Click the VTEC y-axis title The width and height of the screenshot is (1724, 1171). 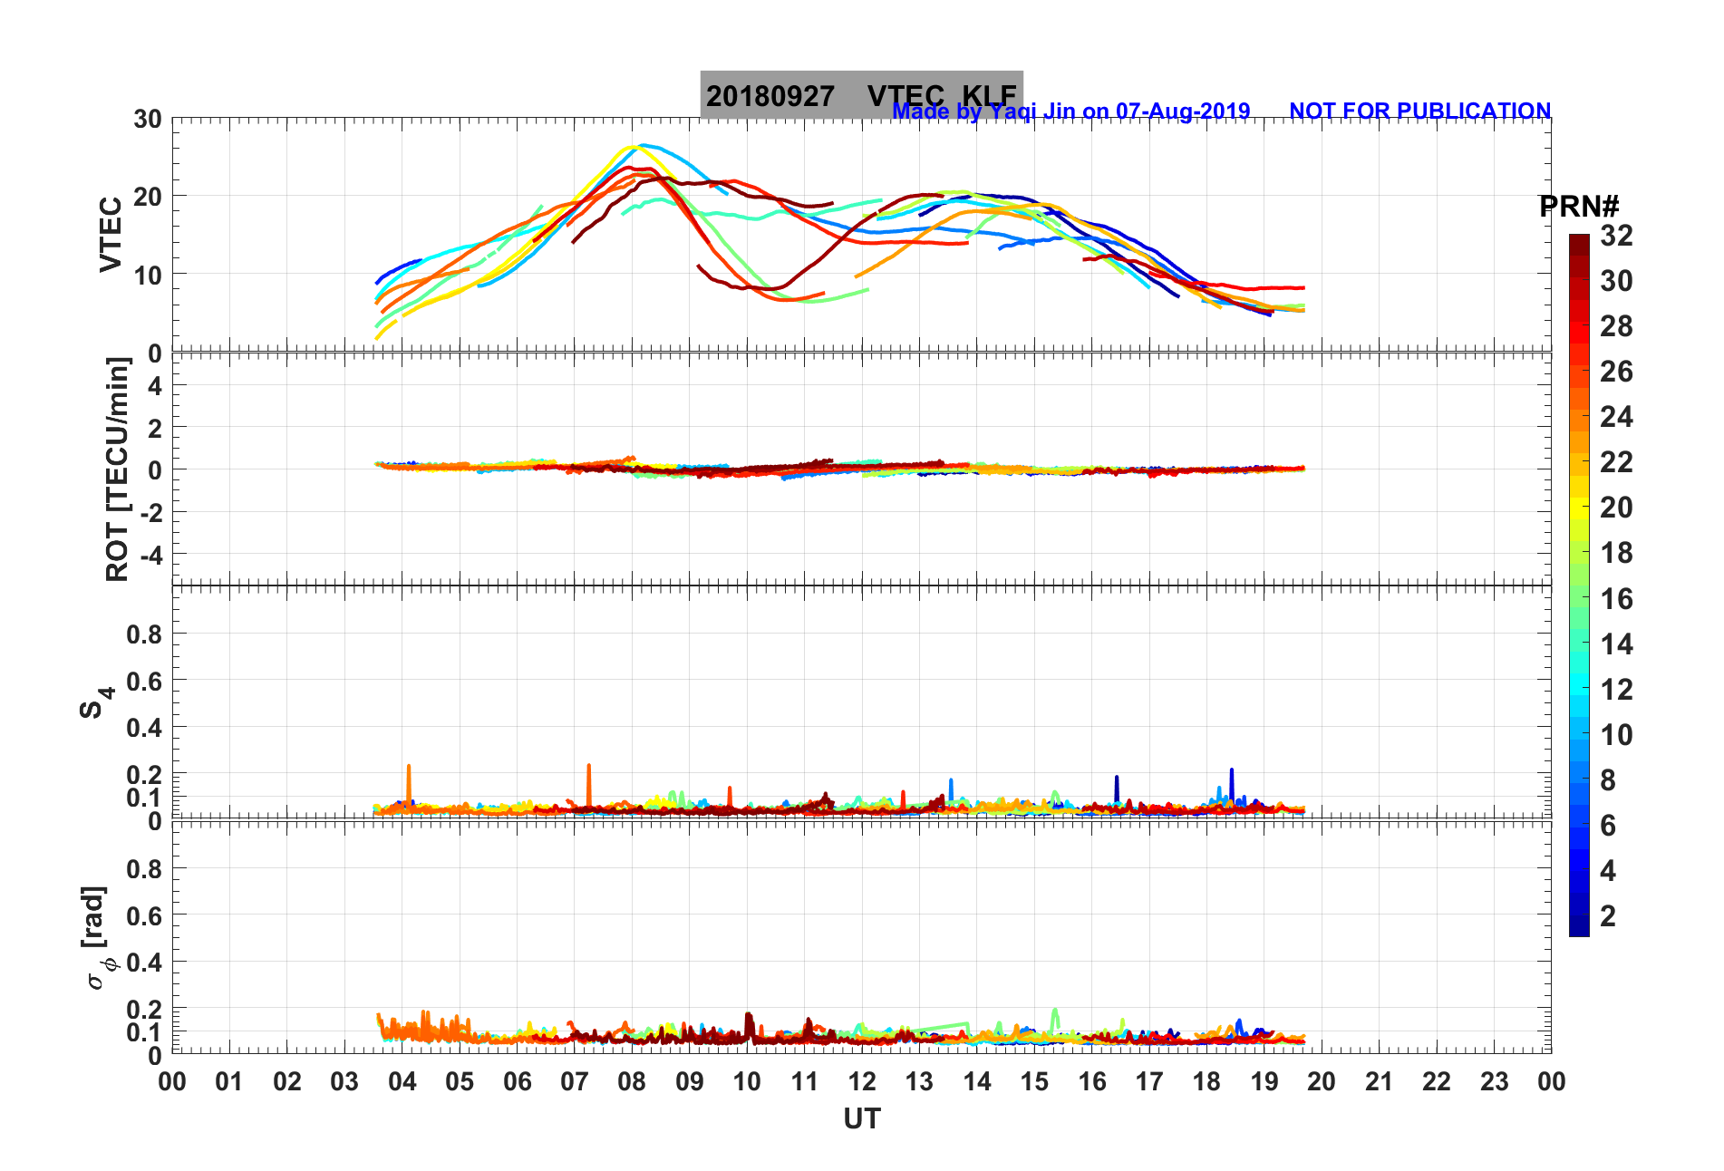click(111, 234)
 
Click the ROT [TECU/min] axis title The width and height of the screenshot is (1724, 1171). click(117, 469)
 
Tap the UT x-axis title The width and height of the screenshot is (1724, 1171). click(861, 1119)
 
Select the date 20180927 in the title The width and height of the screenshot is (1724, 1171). click(770, 96)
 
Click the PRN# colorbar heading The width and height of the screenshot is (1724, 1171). click(1578, 207)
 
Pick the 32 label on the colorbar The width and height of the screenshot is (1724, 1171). click(1616, 236)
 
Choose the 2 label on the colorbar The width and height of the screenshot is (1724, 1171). click(1607, 915)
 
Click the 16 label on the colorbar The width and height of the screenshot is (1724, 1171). click(1616, 598)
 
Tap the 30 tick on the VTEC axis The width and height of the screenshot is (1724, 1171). click(148, 119)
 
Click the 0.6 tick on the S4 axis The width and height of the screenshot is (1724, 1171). click(144, 681)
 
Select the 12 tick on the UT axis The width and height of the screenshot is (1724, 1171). click(862, 1081)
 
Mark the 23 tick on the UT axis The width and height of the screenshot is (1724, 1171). click(1494, 1081)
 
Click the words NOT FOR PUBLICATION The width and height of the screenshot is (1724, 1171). click(1419, 111)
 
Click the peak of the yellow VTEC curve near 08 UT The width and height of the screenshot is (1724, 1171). click(629, 147)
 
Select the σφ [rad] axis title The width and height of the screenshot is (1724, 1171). click(97, 937)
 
